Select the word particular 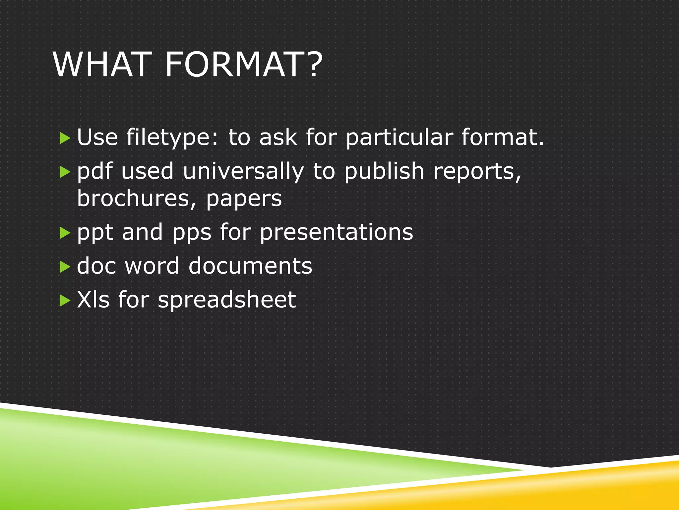(399, 137)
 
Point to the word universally (243, 172)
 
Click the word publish (384, 172)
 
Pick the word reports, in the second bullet (477, 172)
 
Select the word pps (192, 233)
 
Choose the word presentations (336, 232)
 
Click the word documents (250, 266)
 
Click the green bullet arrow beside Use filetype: (65, 138)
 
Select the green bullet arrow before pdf (65, 172)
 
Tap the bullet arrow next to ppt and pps (65, 233)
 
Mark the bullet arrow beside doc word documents (65, 267)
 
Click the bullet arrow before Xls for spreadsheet (65, 301)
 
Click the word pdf (94, 172)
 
